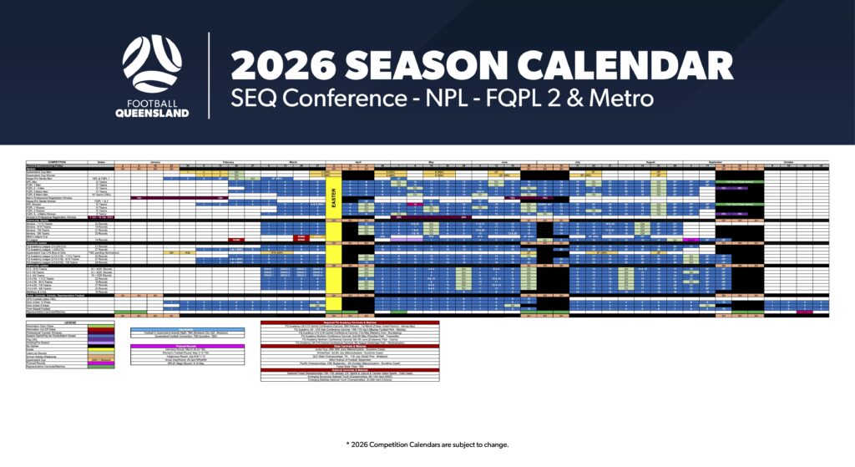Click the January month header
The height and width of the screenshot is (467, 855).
[x=155, y=162]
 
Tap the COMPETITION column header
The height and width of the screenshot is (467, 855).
[x=57, y=162]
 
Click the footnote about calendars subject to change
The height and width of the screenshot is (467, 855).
[x=427, y=444]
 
